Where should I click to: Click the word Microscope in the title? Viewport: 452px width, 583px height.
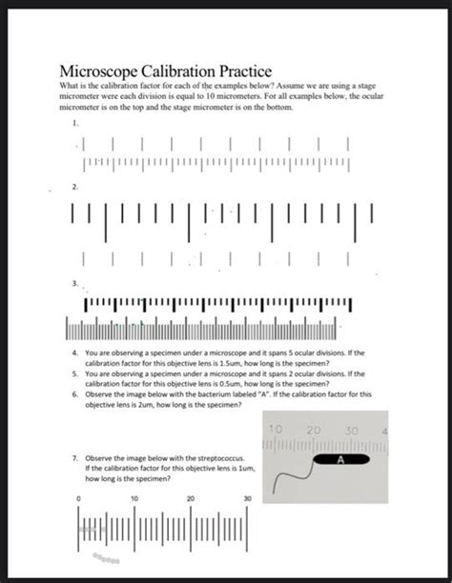102,71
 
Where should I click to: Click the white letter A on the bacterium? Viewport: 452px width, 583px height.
339,459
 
